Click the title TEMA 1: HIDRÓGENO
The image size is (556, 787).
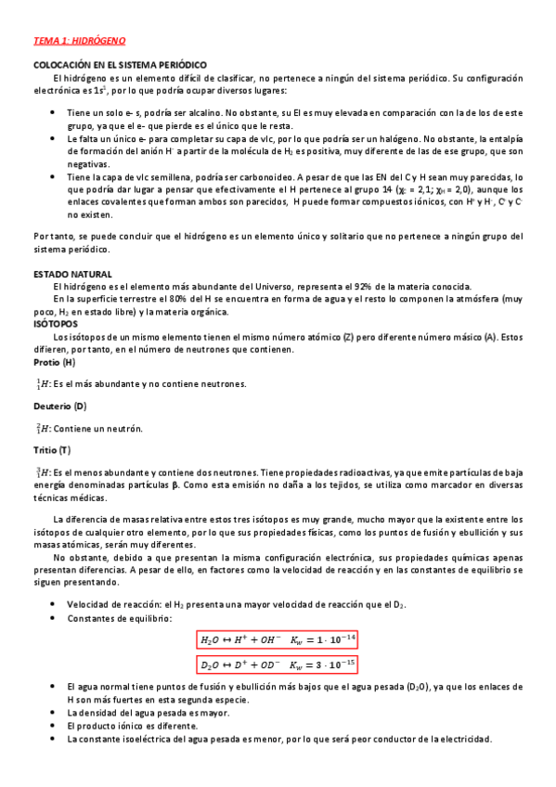(x=79, y=42)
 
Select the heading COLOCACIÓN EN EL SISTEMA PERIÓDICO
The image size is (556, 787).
(x=119, y=65)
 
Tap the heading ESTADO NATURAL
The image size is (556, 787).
(x=72, y=275)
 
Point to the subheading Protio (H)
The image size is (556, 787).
(x=55, y=362)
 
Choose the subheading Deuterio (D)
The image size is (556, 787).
(x=60, y=406)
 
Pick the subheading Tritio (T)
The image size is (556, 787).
(x=52, y=450)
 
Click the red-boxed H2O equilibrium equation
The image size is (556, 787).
(x=278, y=639)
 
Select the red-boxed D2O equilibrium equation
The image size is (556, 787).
(x=278, y=664)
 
